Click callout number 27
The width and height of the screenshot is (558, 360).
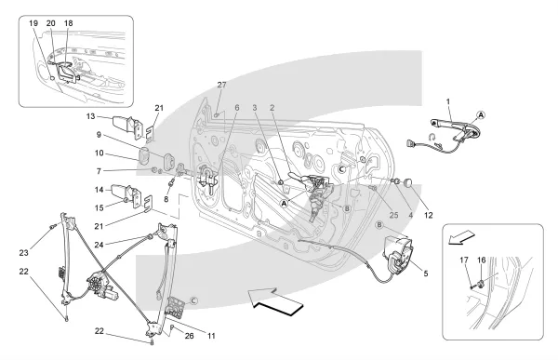pos(221,85)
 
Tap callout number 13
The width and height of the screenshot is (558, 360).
pos(91,116)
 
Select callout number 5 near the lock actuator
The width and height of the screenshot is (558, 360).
pos(426,273)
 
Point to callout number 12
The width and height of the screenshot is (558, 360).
pos(429,215)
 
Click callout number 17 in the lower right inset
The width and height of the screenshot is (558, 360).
pos(464,260)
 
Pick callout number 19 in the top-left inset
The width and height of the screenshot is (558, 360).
pos(33,23)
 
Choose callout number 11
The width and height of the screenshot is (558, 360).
pos(212,336)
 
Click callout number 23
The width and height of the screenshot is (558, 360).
pos(23,253)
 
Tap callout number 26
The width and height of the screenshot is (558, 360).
pos(190,336)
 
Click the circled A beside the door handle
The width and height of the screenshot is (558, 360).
pos(481,115)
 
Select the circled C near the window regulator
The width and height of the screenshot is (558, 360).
pos(193,301)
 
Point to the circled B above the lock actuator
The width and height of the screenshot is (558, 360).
pos(379,225)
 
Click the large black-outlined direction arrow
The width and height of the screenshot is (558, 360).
pos(275,302)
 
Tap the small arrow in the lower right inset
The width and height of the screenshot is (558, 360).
pos(461,237)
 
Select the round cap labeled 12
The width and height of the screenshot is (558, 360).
pos(408,183)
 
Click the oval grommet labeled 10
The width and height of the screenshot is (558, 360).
pos(143,155)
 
